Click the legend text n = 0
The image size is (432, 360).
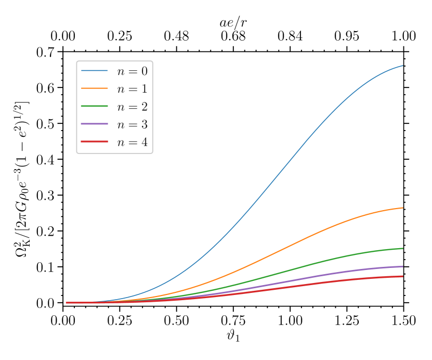coord(132,71)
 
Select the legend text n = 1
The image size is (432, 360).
coord(132,89)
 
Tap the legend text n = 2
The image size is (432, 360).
coord(132,107)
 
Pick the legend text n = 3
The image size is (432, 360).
coord(132,124)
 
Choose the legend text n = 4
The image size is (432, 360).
coord(132,142)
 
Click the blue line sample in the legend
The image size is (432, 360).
coord(94,71)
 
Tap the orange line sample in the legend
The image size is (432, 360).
coord(94,88)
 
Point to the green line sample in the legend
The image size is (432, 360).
coord(94,106)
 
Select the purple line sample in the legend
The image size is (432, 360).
coord(94,124)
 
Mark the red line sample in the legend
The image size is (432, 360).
coord(94,142)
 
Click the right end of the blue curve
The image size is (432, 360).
coord(402,66)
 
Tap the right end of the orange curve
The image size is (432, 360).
coord(402,208)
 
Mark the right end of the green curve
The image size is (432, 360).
coord(402,248)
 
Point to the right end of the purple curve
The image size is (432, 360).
coord(402,266)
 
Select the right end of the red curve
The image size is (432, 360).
coord(402,276)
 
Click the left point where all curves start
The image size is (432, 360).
coord(66,302)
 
